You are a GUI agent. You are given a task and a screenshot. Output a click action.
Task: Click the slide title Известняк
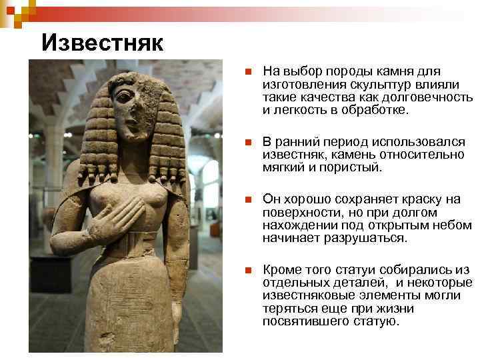pyautogui.click(x=102, y=43)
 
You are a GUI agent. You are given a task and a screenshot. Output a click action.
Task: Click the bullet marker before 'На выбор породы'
pyautogui.click(x=247, y=72)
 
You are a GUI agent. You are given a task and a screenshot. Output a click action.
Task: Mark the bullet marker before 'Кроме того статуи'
pyautogui.click(x=247, y=270)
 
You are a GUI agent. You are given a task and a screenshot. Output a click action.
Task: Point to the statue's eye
pyautogui.click(x=124, y=96)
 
